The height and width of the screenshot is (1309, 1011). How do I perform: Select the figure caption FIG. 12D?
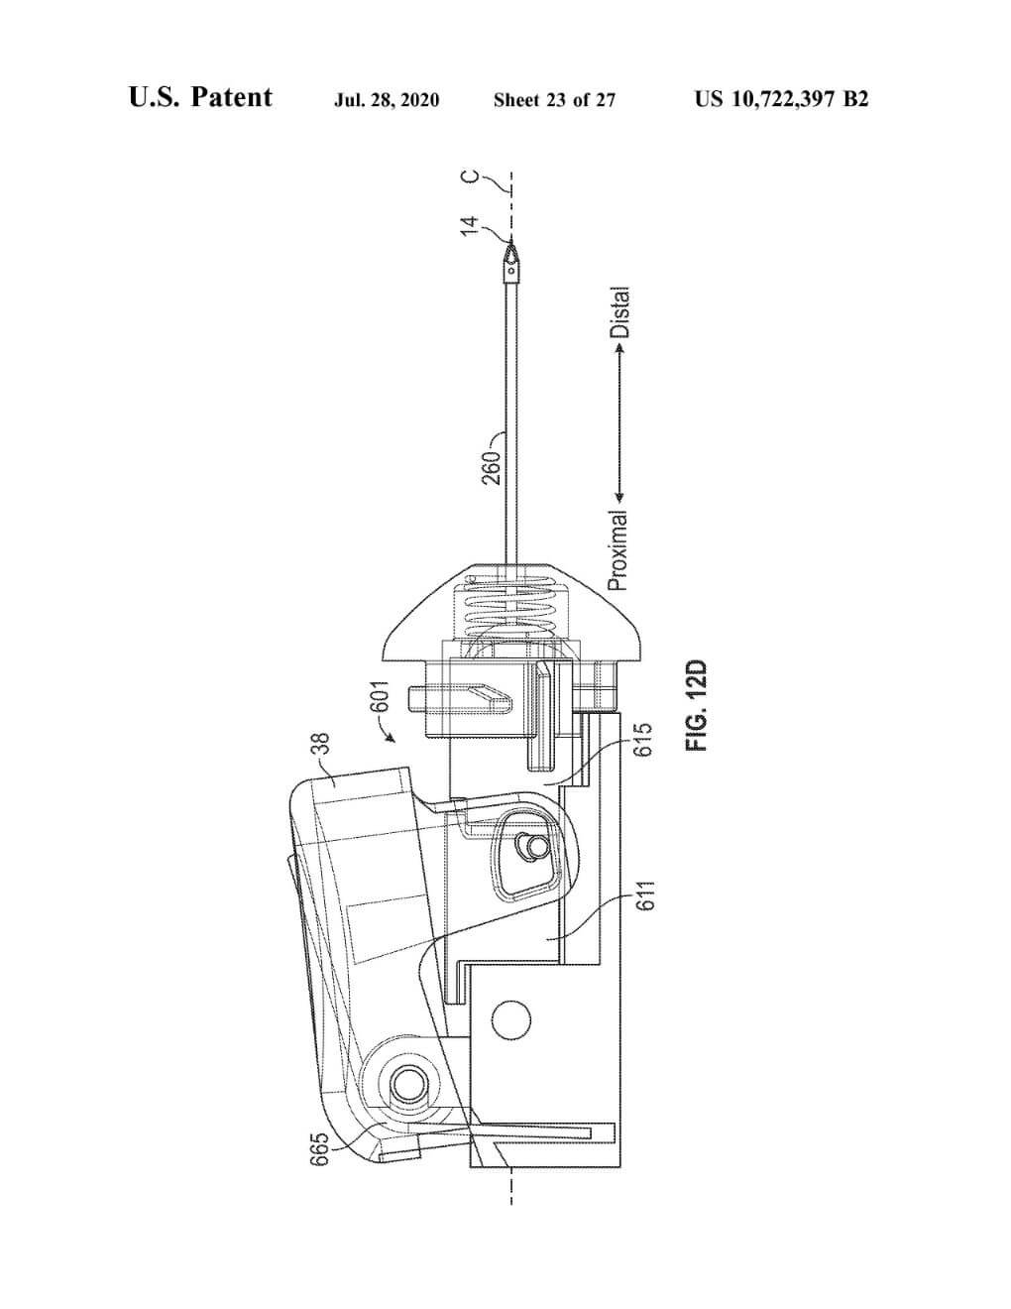[x=697, y=707]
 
